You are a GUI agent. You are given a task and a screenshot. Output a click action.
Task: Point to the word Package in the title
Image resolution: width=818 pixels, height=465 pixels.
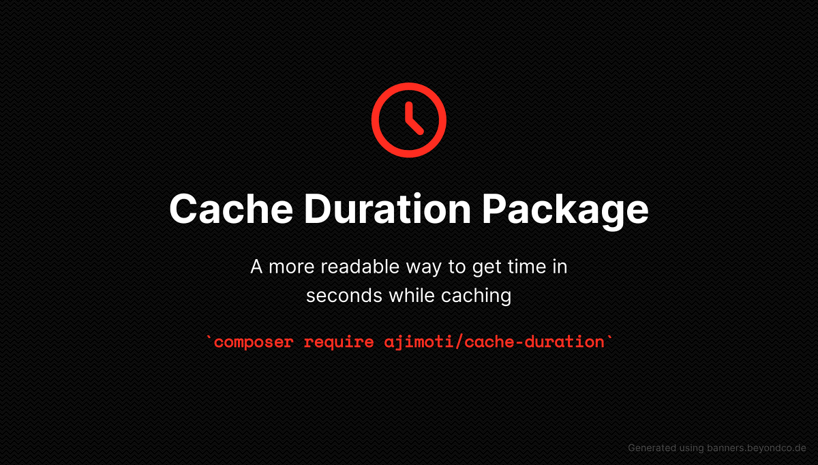pyautogui.click(x=565, y=209)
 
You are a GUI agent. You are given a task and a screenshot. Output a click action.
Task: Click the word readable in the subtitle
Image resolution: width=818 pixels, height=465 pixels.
pyautogui.click(x=356, y=267)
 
